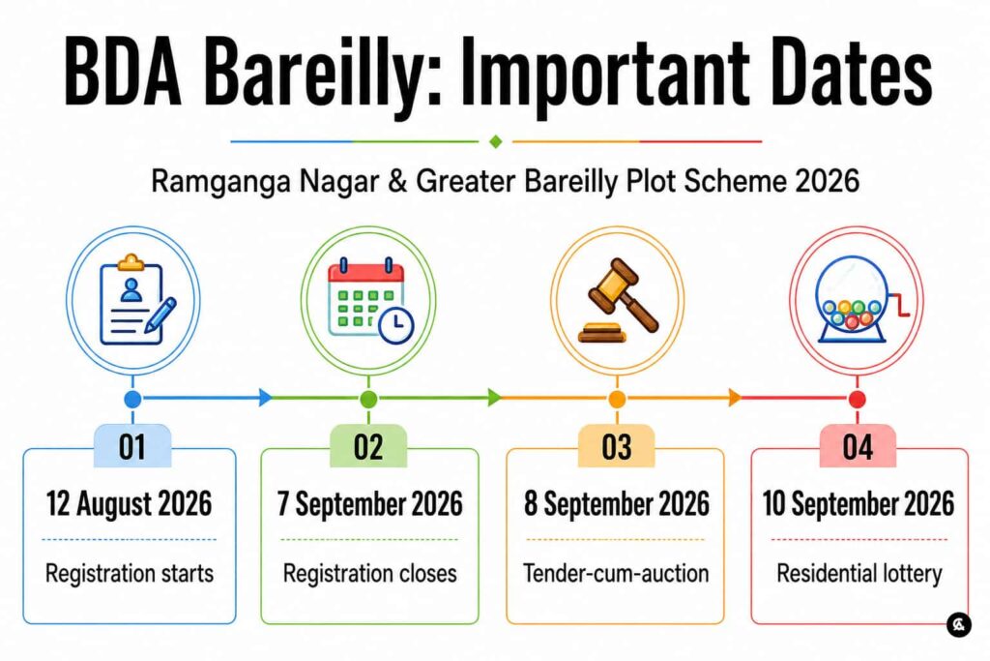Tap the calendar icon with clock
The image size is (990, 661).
coord(370,300)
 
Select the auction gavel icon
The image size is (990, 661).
coord(618,301)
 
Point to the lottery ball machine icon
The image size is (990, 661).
coord(861,299)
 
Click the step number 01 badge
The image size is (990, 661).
coord(132,446)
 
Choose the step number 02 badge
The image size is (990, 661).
coord(368,446)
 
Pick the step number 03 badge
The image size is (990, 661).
coord(617,446)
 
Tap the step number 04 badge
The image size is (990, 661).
coord(858,446)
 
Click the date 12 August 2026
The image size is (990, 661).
coord(129,503)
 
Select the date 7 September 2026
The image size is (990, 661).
coord(370,503)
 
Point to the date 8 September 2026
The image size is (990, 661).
coord(617,503)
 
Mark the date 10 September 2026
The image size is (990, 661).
coord(859,503)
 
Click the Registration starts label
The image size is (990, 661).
coord(130,573)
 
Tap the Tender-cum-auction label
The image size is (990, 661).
coord(616,573)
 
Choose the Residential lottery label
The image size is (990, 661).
coord(859,574)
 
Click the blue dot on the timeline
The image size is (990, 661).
coord(132,399)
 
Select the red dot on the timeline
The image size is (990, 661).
coord(858,400)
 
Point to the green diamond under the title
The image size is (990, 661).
coord(496,141)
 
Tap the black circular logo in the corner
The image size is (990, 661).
coord(959,624)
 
